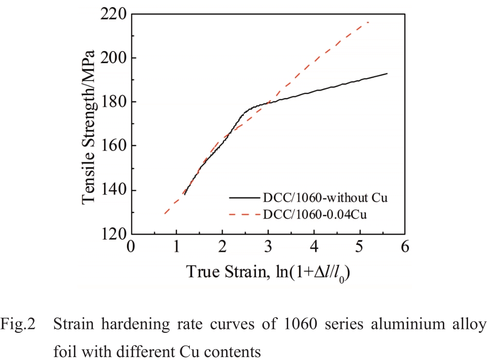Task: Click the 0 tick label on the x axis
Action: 130,246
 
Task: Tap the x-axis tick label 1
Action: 176,246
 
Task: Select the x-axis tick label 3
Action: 268,246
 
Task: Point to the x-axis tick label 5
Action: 360,246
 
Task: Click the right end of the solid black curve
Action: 387,73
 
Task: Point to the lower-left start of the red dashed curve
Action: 165,213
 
